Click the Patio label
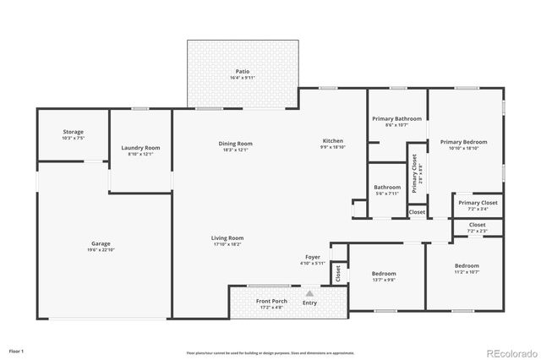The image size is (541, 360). click(242, 71)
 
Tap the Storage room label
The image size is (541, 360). click(73, 132)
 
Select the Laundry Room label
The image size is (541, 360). click(140, 148)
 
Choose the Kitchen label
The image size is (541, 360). click(333, 140)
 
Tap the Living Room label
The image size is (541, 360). click(227, 238)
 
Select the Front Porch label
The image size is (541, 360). click(272, 302)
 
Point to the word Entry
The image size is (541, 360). click(310, 303)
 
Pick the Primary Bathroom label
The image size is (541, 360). click(396, 118)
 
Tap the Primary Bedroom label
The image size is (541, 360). click(464, 142)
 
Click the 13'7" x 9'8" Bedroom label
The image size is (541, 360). click(384, 274)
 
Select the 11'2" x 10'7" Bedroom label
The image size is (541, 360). click(467, 265)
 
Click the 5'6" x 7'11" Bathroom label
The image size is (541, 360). click(387, 187)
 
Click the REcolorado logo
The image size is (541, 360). click(510, 352)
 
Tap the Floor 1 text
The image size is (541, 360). click(16, 350)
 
